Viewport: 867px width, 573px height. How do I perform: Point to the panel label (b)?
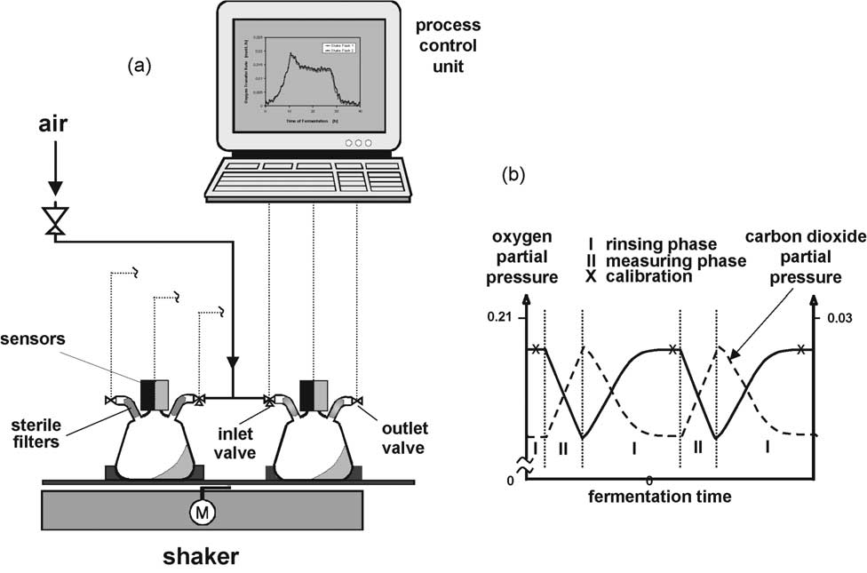click(513, 174)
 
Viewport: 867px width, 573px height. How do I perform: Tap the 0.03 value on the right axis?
click(839, 317)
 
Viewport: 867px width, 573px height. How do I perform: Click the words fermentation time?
click(660, 497)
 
